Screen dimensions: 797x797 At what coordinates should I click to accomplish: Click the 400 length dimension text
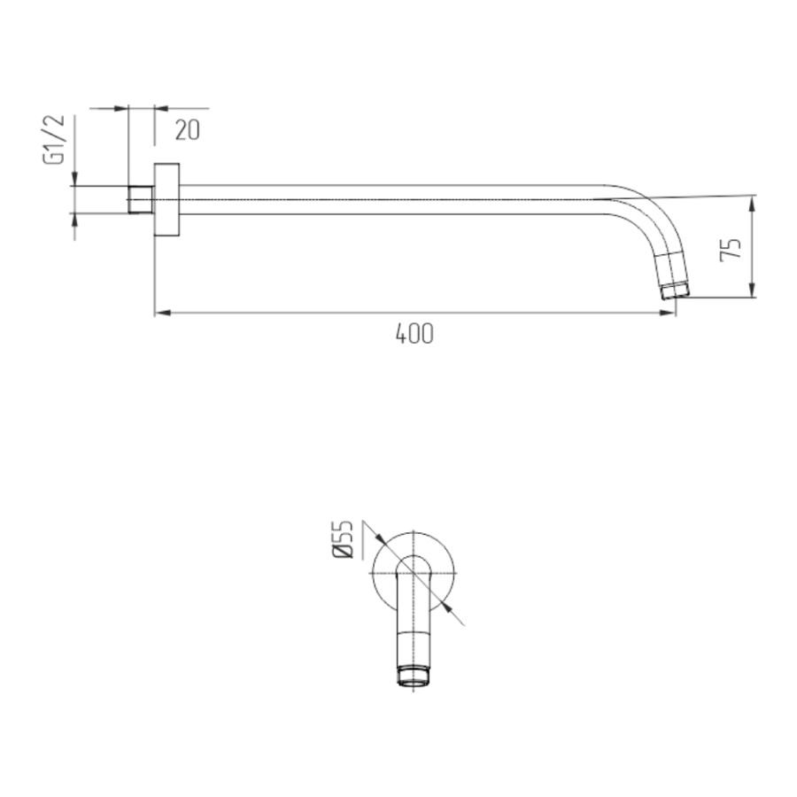414,334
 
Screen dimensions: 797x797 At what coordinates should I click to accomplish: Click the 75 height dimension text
731,250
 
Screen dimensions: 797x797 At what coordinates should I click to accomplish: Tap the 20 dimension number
188,130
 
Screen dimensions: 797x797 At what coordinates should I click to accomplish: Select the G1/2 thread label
54,139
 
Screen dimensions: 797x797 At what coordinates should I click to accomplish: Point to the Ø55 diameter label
343,539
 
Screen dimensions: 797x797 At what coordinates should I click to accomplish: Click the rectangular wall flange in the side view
166,199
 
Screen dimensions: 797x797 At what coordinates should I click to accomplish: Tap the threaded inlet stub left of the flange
141,199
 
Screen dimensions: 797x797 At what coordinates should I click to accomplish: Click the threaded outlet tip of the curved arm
676,292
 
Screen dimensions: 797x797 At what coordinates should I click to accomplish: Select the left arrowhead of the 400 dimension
162,313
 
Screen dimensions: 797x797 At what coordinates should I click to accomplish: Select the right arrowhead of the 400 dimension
668,313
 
